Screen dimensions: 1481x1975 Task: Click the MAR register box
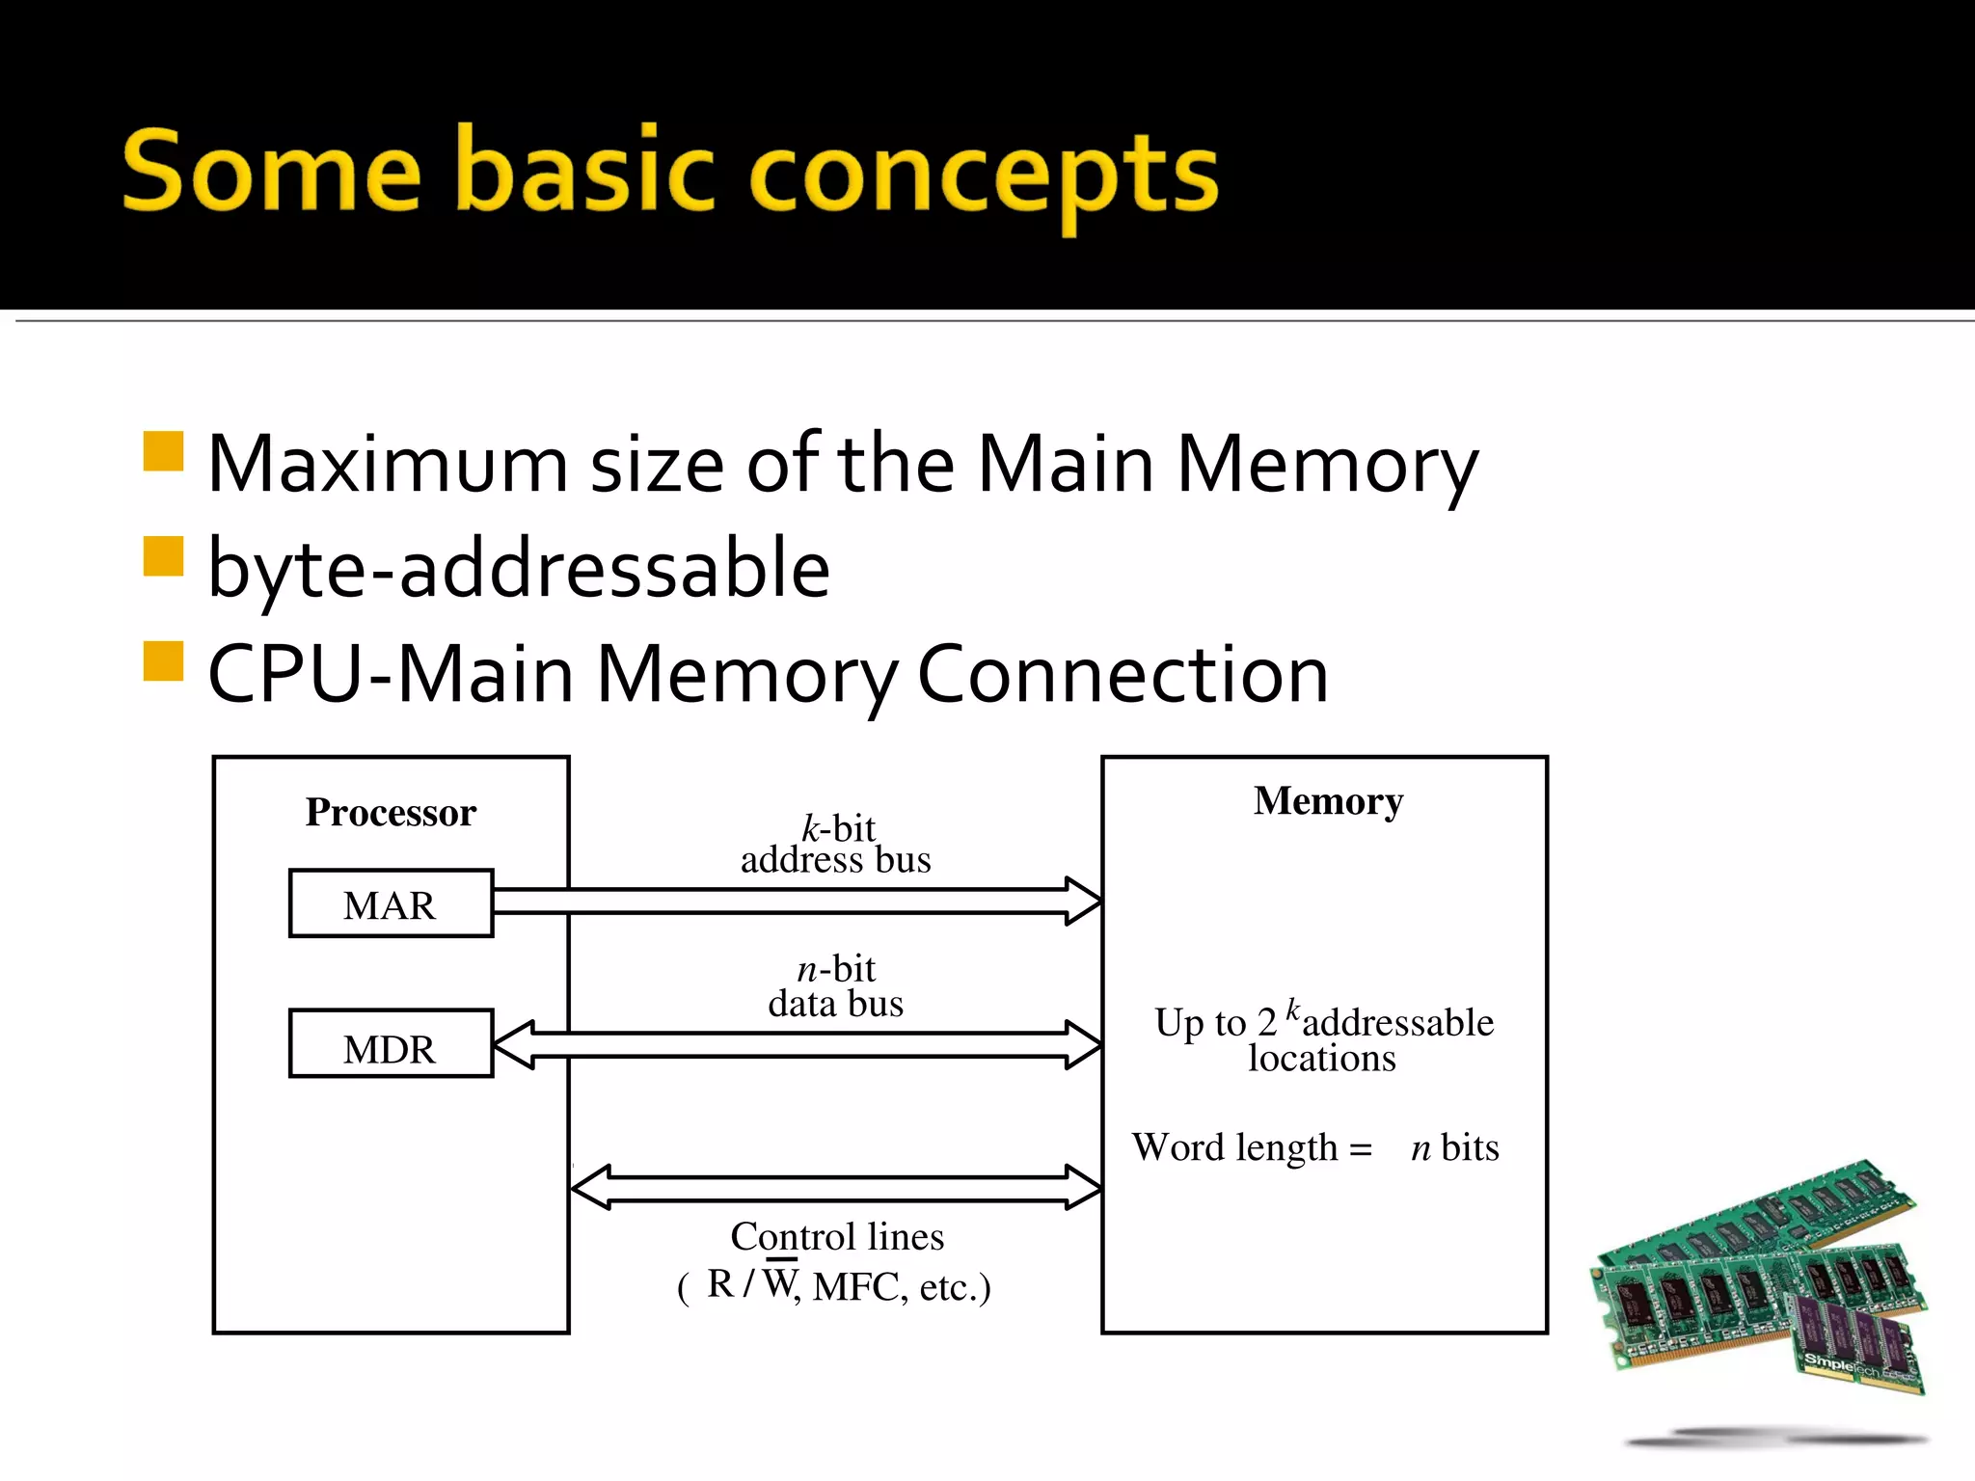(391, 903)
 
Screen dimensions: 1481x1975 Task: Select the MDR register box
(391, 1044)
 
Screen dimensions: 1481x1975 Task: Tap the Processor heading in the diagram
(391, 813)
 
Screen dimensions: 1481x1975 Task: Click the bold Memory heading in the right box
(1328, 801)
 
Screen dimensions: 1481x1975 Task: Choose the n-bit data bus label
(836, 986)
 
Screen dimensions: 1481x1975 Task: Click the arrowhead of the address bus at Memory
(1084, 902)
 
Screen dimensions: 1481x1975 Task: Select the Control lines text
(837, 1237)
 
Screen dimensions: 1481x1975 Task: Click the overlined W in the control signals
(779, 1283)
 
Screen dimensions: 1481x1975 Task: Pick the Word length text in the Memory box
(1251, 1148)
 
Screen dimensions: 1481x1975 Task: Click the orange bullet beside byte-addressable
(163, 556)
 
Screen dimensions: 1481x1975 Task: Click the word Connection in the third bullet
(1123, 674)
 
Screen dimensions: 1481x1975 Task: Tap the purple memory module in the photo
(1856, 1340)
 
